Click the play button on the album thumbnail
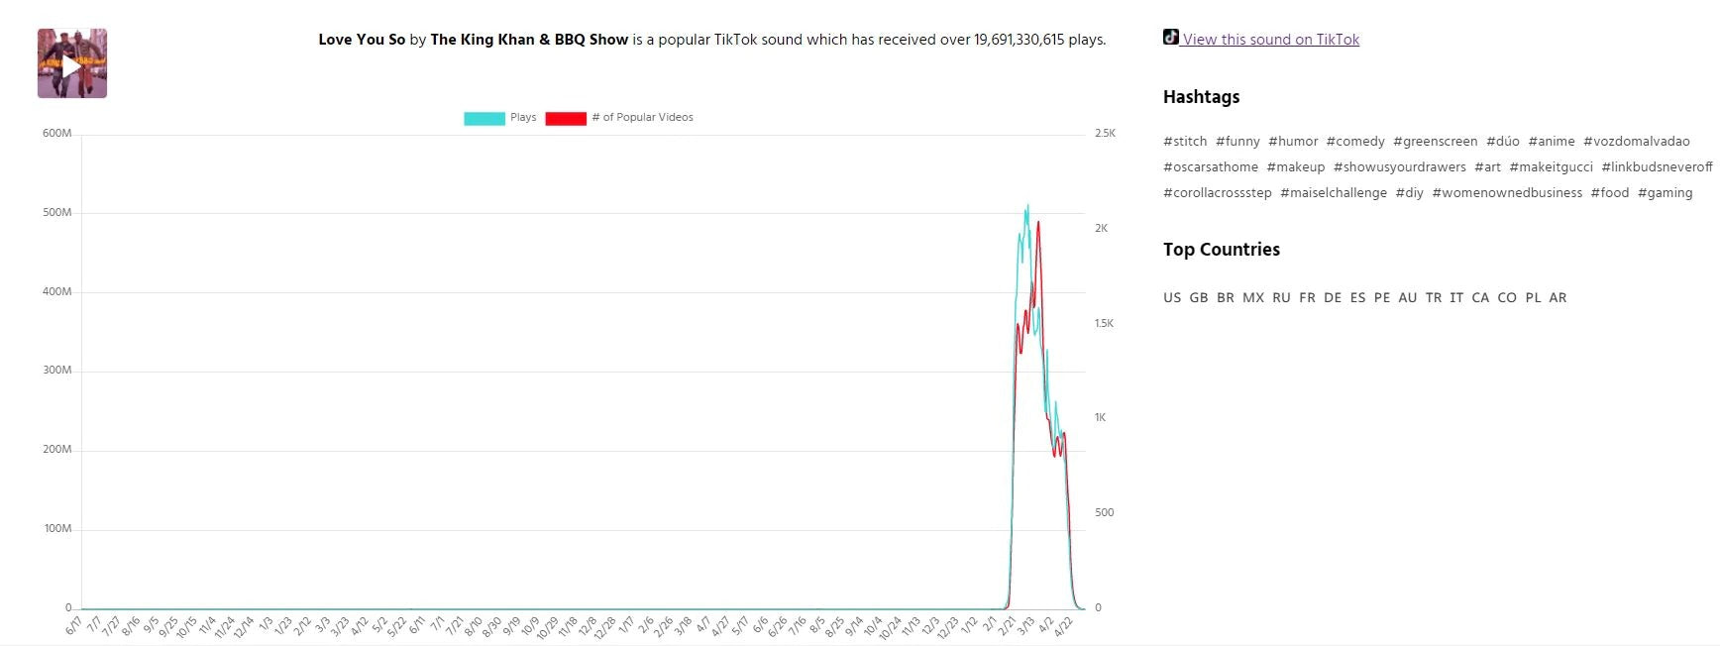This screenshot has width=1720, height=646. pyautogui.click(x=71, y=65)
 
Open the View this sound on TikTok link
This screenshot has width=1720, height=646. pyautogui.click(x=1270, y=40)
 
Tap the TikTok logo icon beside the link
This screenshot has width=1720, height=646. pyautogui.click(x=1171, y=38)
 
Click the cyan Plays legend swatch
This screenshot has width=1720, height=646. pyautogui.click(x=484, y=118)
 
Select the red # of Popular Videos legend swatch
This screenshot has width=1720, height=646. pyautogui.click(x=565, y=118)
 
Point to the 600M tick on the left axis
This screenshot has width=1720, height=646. pyautogui.click(x=57, y=134)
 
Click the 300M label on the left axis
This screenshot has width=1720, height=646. pyautogui.click(x=57, y=371)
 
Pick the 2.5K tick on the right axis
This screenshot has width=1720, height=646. pyautogui.click(x=1105, y=134)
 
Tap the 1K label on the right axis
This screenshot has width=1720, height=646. pyautogui.click(x=1101, y=418)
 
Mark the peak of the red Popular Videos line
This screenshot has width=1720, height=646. pyautogui.click(x=1038, y=222)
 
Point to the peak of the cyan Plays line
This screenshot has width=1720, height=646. pyautogui.click(x=1027, y=205)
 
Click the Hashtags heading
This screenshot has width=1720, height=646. pyautogui.click(x=1201, y=97)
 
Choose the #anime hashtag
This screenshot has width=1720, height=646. pyautogui.click(x=1551, y=142)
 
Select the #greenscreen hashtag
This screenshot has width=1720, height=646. pyautogui.click(x=1435, y=142)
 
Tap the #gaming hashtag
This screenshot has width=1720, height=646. pyautogui.click(x=1665, y=193)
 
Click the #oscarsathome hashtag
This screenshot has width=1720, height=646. pyautogui.click(x=1210, y=167)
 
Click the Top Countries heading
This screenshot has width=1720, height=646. pyautogui.click(x=1221, y=250)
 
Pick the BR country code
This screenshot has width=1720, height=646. pyautogui.click(x=1226, y=298)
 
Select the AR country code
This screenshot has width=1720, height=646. pyautogui.click(x=1558, y=298)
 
